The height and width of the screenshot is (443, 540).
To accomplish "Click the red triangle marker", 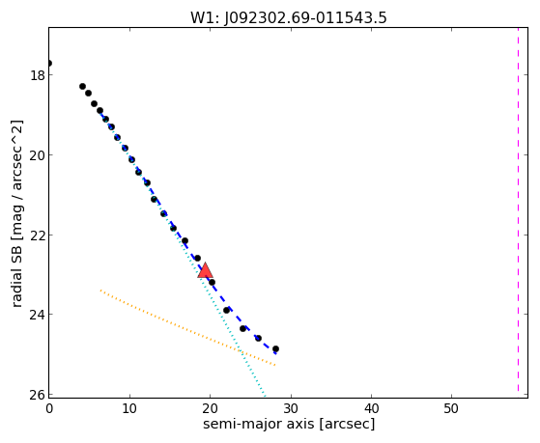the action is pyautogui.click(x=205, y=270).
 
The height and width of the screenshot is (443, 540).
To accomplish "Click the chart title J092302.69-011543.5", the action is pyautogui.click(x=289, y=17).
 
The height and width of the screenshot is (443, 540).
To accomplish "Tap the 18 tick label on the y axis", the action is pyautogui.click(x=37, y=75).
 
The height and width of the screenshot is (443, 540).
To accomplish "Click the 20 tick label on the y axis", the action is pyautogui.click(x=37, y=155).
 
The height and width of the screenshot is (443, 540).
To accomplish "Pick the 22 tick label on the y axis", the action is pyautogui.click(x=37, y=235).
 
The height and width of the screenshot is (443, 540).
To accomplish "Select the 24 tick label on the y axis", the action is pyautogui.click(x=37, y=315).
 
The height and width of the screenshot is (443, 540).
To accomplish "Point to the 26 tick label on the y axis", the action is pyautogui.click(x=37, y=395).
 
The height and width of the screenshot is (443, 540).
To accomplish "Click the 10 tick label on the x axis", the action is pyautogui.click(x=129, y=408).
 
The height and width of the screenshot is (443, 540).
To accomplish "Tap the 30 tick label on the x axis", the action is pyautogui.click(x=291, y=408).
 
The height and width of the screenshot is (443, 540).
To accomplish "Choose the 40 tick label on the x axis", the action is pyautogui.click(x=371, y=408).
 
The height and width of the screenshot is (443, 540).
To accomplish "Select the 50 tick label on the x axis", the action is pyautogui.click(x=451, y=408).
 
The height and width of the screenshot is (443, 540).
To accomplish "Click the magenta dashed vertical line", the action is pyautogui.click(x=518, y=210).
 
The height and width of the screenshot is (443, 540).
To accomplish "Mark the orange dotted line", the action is pyautogui.click(x=187, y=328).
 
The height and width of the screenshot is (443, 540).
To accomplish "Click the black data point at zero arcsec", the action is pyautogui.click(x=49, y=63).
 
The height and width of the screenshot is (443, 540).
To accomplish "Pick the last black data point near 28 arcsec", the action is pyautogui.click(x=275, y=348).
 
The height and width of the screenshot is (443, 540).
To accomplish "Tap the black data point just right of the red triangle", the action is pyautogui.click(x=212, y=282).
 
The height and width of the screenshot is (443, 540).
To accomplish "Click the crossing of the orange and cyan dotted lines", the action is pyautogui.click(x=241, y=351).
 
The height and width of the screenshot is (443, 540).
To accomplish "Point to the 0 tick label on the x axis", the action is pyautogui.click(x=49, y=408).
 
